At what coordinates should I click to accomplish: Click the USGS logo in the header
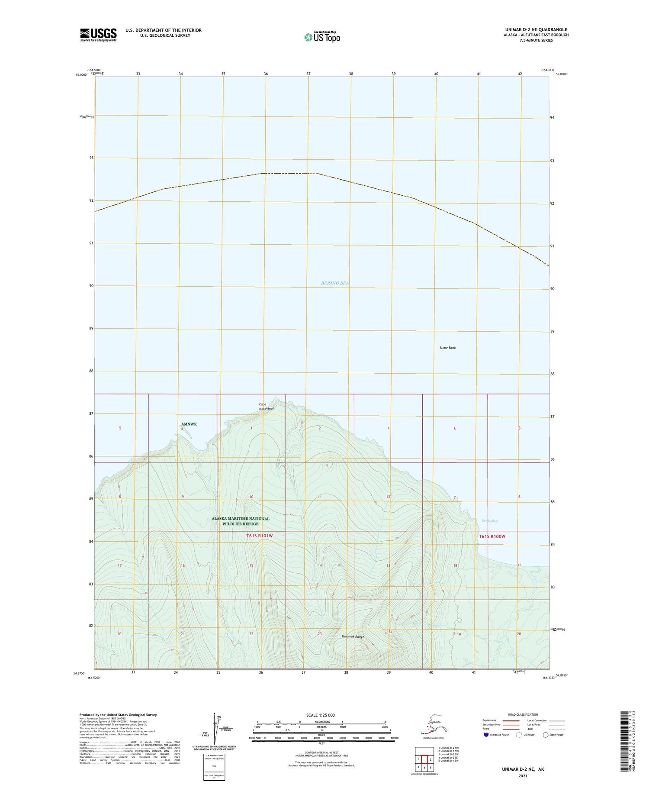[98, 34]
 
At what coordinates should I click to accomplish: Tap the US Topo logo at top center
[322, 37]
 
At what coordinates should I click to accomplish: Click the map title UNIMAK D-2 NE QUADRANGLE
[534, 29]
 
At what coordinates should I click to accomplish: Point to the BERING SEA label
[335, 283]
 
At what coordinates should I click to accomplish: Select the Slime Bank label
[447, 348]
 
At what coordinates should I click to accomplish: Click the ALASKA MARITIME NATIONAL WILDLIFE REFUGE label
[241, 521]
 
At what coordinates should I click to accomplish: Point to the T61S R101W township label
[260, 536]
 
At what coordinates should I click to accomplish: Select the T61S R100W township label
[492, 536]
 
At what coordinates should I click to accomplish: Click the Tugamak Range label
[353, 636]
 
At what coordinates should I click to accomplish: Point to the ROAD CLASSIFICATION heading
[523, 714]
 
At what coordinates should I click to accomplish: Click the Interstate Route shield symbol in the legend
[487, 735]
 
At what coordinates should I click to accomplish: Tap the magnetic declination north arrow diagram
[215, 730]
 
